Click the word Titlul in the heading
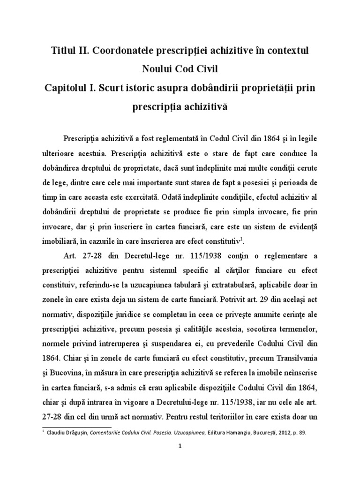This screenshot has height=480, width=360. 65,50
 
